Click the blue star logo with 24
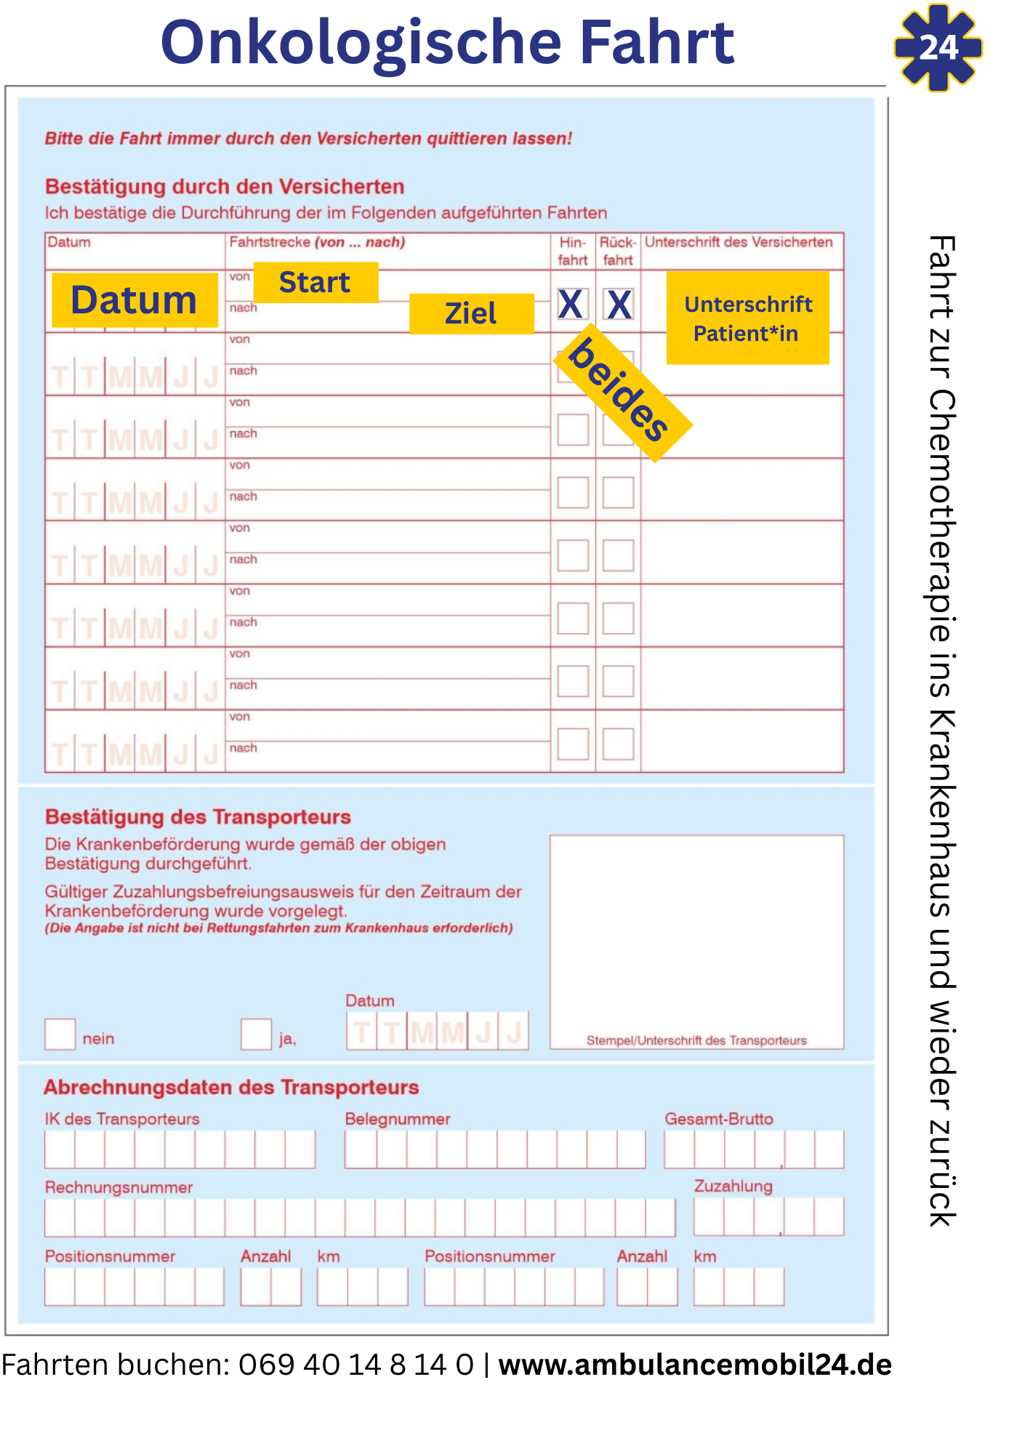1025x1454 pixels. coord(938,48)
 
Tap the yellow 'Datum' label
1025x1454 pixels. coord(134,300)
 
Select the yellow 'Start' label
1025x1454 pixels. coord(315,282)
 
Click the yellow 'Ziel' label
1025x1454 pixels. coord(471,313)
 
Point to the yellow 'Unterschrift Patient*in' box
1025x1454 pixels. coord(747,318)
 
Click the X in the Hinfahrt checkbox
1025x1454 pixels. coord(571,304)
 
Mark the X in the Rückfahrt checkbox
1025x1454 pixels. coord(619,304)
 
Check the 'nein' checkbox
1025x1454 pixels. coord(60,1034)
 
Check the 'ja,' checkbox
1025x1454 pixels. coord(256,1034)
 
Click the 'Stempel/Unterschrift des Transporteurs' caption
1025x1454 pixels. coord(696,1040)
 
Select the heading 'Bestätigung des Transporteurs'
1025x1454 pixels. coord(198,817)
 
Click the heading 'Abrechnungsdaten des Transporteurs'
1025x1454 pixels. coord(231,1088)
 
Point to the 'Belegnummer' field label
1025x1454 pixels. coord(398,1119)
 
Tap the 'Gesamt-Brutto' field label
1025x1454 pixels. coord(719,1119)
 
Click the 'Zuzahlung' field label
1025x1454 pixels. coord(733,1186)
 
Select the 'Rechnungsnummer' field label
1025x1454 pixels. coord(118,1187)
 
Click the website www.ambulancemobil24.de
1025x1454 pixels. coord(695,1365)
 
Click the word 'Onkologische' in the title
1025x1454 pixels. coord(361,42)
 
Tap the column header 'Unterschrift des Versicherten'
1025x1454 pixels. coord(739,242)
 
